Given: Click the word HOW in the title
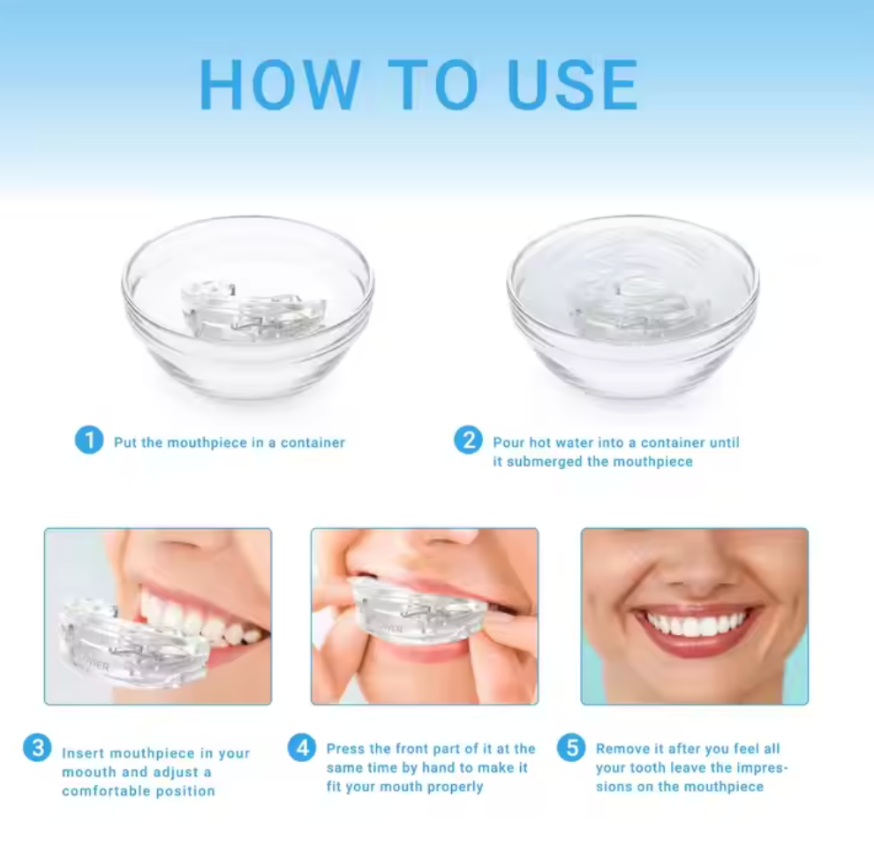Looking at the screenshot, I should coord(280,86).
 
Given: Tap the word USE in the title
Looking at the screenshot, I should coord(572,86).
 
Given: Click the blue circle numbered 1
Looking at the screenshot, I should coord(88,439).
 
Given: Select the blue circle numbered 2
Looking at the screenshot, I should coord(468,439).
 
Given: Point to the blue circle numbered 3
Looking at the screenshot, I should coord(36,749).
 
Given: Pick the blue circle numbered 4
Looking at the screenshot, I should coord(302,749).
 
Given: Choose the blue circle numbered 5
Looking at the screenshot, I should coord(571,749).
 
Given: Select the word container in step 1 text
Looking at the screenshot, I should coord(313,442).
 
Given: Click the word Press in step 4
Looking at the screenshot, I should coord(346,749).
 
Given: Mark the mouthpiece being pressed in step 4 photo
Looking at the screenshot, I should coord(415,609).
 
